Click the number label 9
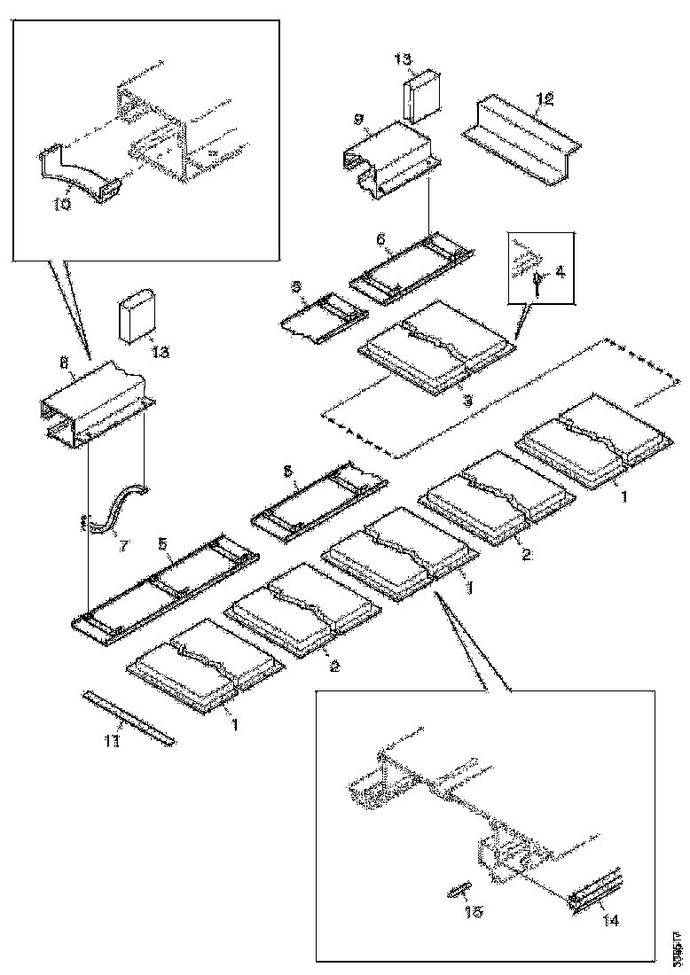pyautogui.click(x=359, y=117)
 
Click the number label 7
pyautogui.click(x=123, y=544)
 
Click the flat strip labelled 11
pyautogui.click(x=129, y=718)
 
